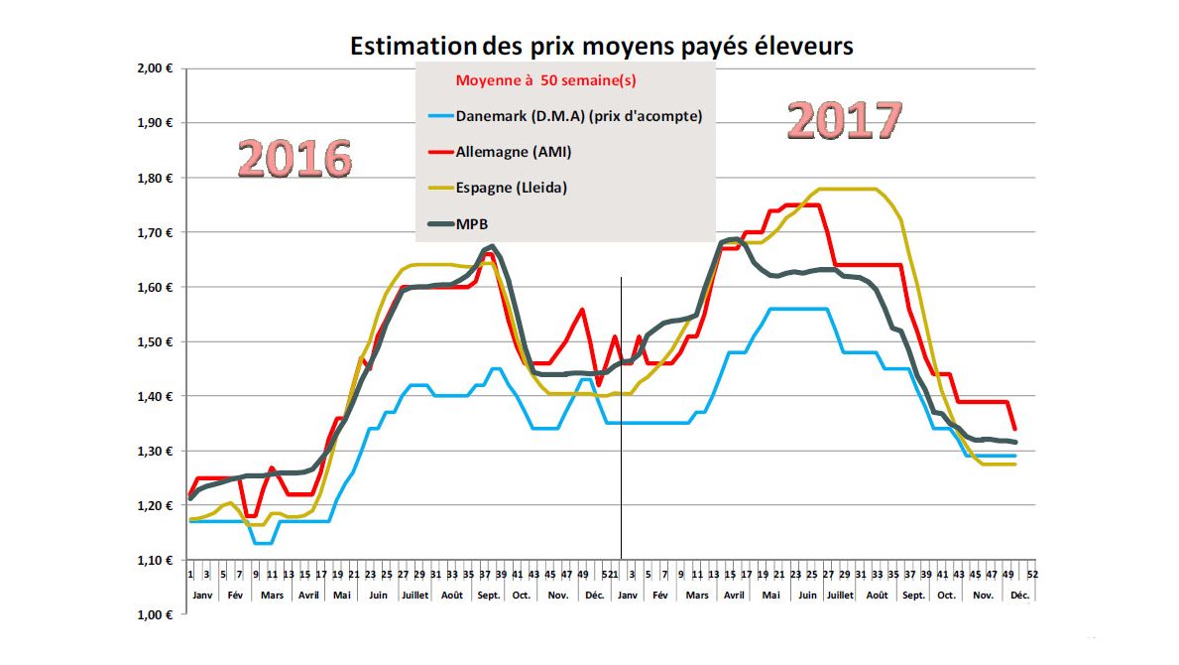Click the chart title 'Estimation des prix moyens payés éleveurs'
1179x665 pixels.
[601, 46]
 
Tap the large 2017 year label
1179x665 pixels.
[845, 121]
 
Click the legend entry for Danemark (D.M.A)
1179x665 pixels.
[579, 116]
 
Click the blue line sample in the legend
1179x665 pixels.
[435, 116]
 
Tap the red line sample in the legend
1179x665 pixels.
[435, 153]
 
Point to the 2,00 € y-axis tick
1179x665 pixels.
[156, 68]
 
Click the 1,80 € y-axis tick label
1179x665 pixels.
[156, 179]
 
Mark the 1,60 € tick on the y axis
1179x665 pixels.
[156, 288]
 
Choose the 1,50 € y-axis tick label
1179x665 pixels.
[156, 342]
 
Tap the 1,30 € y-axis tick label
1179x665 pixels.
[156, 452]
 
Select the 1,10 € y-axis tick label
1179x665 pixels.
[156, 561]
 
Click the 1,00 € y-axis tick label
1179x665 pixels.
[156, 615]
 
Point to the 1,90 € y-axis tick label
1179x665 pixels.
[156, 124]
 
